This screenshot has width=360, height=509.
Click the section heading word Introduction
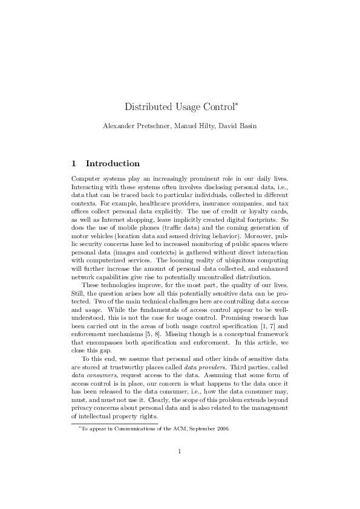tap(113, 163)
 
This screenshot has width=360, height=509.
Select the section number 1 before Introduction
tap(74, 163)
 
